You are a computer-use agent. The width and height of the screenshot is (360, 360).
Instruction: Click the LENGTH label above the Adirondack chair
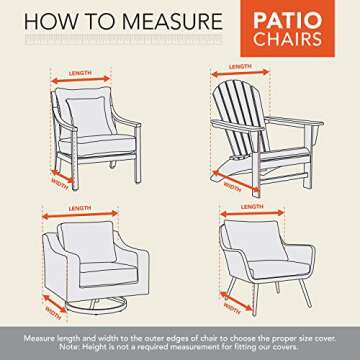[241, 66]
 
